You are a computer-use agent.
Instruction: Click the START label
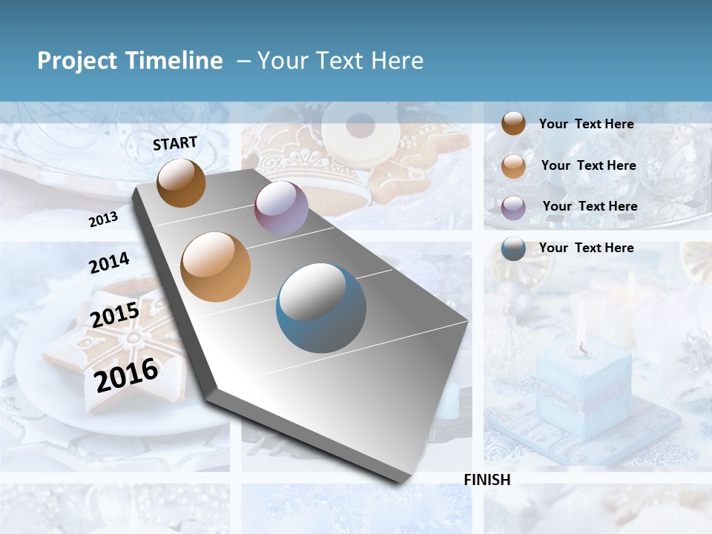[175, 143]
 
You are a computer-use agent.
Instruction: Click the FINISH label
[487, 480]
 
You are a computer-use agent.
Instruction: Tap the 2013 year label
[103, 219]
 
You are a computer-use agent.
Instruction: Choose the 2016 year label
[126, 375]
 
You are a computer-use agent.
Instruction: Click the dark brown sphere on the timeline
[181, 182]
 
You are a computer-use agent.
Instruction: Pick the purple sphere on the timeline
[281, 208]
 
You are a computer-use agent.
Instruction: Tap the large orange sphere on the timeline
[216, 267]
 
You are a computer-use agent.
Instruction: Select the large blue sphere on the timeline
[321, 308]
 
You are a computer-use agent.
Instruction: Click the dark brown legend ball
[513, 123]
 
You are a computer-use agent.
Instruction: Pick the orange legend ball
[513, 165]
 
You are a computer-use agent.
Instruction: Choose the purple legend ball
[513, 207]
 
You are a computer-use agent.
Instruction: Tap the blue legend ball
[513, 248]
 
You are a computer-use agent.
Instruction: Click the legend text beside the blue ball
[586, 248]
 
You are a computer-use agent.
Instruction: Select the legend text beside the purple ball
[590, 206]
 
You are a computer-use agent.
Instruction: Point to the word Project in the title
[78, 61]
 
